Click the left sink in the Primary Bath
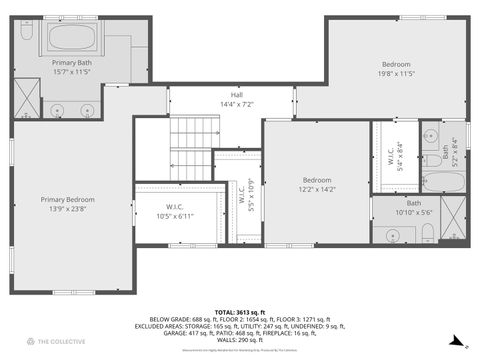57,109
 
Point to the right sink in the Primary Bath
89,109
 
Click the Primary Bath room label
71,67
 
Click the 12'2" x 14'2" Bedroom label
317,184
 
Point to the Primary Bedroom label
67,203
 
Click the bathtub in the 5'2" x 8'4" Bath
443,182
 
